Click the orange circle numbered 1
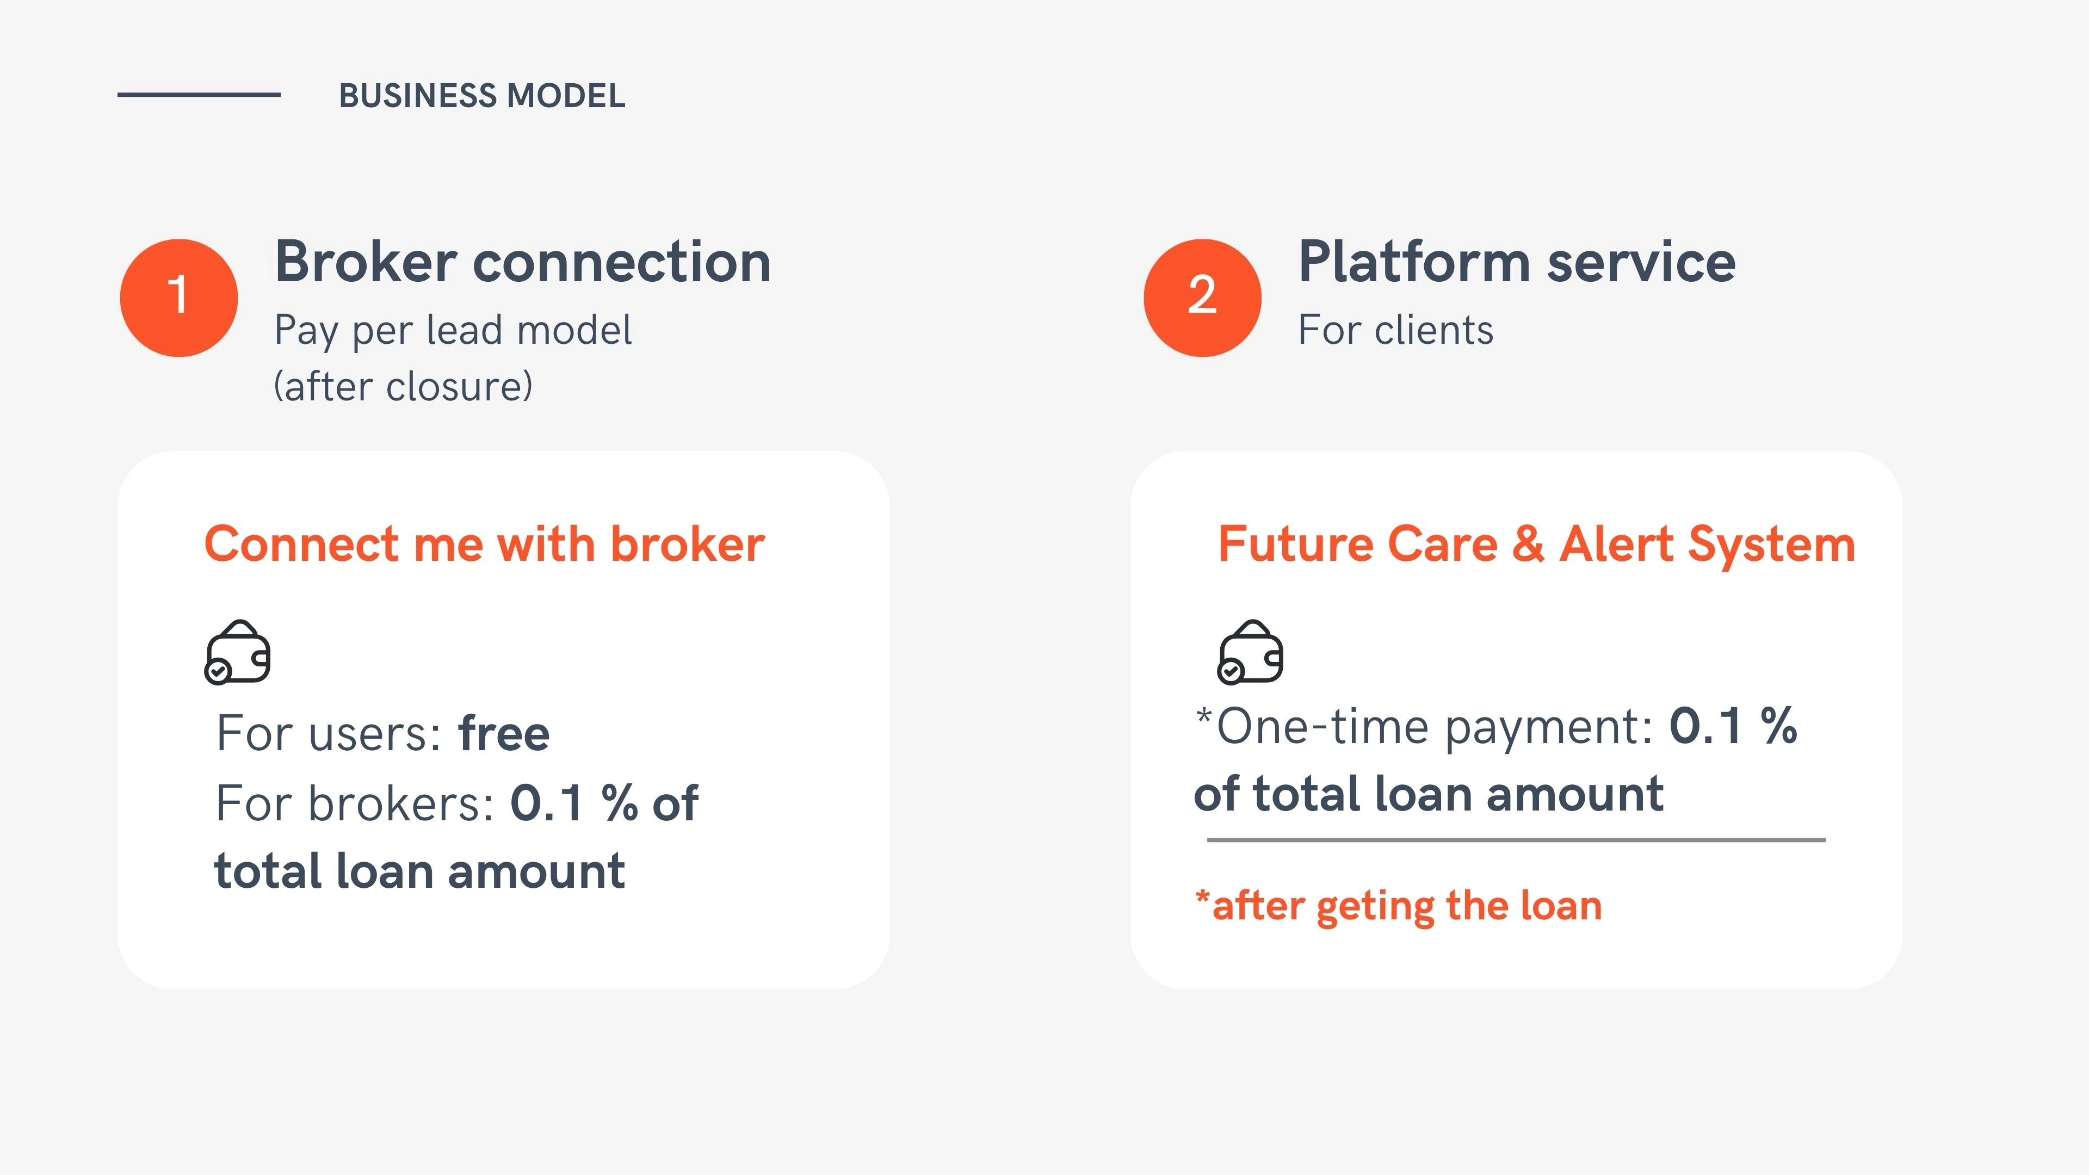tap(178, 298)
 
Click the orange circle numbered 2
tap(1203, 298)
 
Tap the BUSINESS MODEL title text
tap(481, 96)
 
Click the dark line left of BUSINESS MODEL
tap(199, 95)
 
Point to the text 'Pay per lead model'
tap(453, 331)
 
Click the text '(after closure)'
tap(403, 386)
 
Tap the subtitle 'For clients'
tap(1395, 330)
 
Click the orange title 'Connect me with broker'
tap(484, 543)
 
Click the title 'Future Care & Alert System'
tap(1537, 544)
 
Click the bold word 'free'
tap(504, 733)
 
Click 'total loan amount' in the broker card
tap(419, 871)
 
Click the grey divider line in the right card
tap(1517, 840)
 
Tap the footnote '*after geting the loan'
tap(1399, 906)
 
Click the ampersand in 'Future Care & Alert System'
tap(1528, 544)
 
